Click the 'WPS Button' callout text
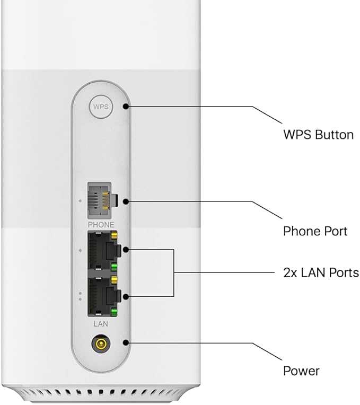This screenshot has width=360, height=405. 318,135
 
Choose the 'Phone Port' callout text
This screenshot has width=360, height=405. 315,231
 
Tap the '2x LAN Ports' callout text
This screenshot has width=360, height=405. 321,272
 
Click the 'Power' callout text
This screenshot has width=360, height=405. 301,370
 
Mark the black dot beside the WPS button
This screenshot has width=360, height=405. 126,106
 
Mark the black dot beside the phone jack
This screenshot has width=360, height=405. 125,201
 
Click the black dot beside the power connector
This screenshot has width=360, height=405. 126,342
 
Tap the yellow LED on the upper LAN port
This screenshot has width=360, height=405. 113,236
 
